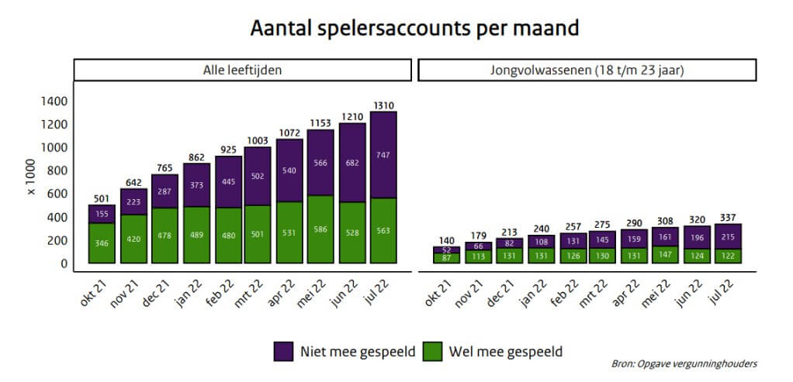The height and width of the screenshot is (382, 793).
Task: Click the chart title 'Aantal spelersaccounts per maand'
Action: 414,29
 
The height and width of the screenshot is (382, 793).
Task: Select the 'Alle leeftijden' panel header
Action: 242,70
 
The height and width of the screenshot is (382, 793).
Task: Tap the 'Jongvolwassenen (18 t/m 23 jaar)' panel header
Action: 587,70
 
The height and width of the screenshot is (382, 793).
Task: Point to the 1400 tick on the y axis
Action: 54,102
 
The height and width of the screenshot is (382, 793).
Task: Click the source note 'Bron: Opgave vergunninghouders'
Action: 684,363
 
